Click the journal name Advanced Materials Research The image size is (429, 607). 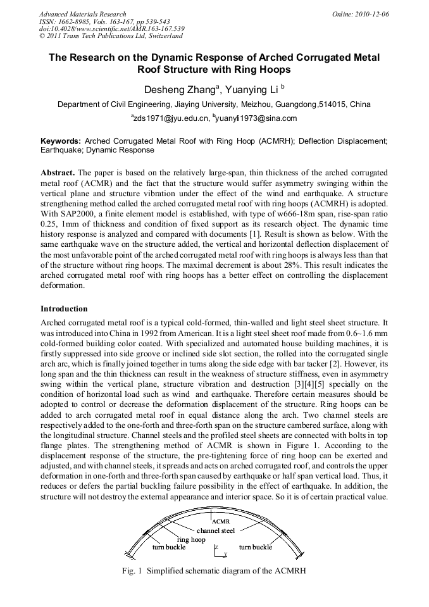click(x=83, y=14)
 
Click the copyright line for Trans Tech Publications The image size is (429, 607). click(x=111, y=37)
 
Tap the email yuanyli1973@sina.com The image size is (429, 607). click(x=256, y=118)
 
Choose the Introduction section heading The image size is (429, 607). click(x=64, y=309)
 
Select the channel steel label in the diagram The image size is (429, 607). click(x=216, y=530)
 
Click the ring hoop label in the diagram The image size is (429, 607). click(x=191, y=539)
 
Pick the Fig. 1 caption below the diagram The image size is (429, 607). click(x=214, y=570)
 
